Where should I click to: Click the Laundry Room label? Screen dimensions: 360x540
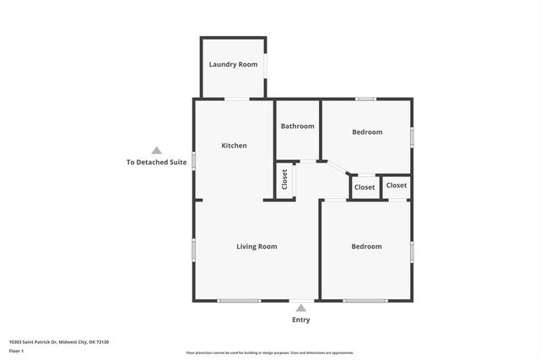[x=234, y=65]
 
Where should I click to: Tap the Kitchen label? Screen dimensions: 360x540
[x=234, y=146]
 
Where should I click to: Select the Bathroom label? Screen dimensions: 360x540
[x=298, y=126]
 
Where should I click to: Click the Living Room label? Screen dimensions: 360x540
[x=256, y=246]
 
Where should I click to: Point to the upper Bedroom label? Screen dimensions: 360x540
[x=367, y=132]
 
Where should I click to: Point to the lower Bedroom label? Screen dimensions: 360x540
[x=366, y=246]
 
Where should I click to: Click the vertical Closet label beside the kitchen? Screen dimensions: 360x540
[x=284, y=180]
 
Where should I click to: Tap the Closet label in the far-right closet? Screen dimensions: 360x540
[x=397, y=185]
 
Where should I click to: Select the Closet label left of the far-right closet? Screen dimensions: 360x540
[x=364, y=187]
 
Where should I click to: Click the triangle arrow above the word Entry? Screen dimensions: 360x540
[x=301, y=309]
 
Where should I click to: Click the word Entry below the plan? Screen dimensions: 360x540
[x=301, y=320]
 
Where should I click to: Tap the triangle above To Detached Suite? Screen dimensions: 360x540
[x=156, y=150]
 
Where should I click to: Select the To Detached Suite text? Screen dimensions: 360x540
[x=156, y=162]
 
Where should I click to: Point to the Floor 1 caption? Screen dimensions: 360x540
[x=16, y=351]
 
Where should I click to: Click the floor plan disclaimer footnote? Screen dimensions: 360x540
[x=270, y=352]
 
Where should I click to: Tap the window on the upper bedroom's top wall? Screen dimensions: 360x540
[x=364, y=99]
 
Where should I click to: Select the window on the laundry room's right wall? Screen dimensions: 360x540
[x=267, y=65]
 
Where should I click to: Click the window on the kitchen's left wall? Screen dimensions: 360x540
[x=194, y=160]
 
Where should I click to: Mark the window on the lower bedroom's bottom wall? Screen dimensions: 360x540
[x=364, y=301]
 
